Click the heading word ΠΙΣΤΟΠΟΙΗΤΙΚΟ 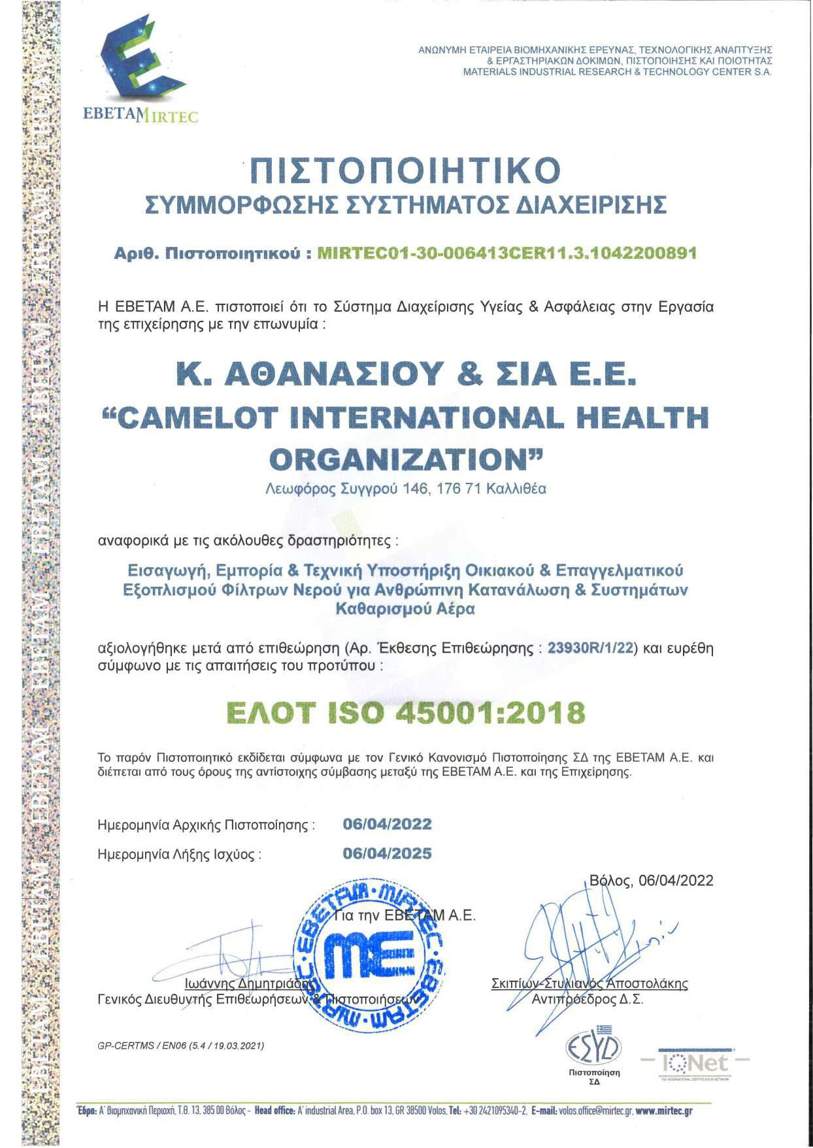pos(406,170)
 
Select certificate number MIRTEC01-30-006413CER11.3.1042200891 pos(506,253)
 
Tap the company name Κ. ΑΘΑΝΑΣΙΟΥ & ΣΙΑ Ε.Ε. pos(406,374)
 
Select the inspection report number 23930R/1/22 pos(591,649)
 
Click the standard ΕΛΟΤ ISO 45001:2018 pos(406,713)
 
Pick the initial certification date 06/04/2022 pos(387,824)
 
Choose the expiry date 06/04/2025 pos(387,853)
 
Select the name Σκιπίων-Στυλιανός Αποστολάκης pos(589,983)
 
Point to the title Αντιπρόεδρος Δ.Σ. pos(587,1000)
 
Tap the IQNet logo pos(694,1063)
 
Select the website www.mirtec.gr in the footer pos(663,1111)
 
